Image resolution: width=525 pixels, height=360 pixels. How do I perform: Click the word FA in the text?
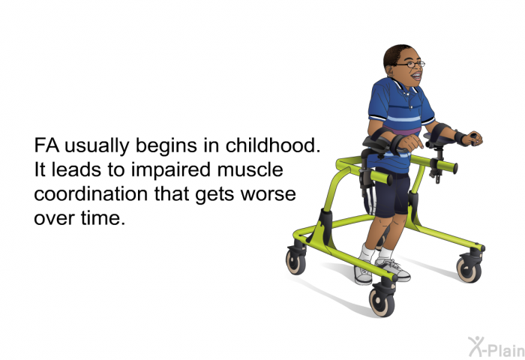[46, 145]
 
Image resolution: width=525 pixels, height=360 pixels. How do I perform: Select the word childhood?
[273, 145]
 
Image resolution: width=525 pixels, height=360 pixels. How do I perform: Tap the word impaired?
[171, 169]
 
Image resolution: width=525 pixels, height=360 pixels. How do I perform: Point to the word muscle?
[250, 169]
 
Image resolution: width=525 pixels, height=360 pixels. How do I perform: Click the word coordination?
[91, 194]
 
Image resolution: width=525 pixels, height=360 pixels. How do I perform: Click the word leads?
[76, 169]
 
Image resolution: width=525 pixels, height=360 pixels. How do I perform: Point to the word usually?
[97, 146]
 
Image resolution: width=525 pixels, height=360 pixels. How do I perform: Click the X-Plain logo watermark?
[496, 347]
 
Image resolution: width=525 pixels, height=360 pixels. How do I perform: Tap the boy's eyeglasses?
[411, 64]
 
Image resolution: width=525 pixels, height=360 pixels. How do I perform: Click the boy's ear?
[390, 70]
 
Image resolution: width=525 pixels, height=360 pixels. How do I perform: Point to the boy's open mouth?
[416, 76]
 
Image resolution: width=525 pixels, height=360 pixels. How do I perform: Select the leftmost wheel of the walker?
[295, 262]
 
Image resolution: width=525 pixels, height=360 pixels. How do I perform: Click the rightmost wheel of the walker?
[469, 269]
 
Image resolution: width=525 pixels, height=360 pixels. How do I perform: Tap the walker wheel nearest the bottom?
[382, 302]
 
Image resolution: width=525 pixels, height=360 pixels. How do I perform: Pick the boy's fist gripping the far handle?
[474, 138]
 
